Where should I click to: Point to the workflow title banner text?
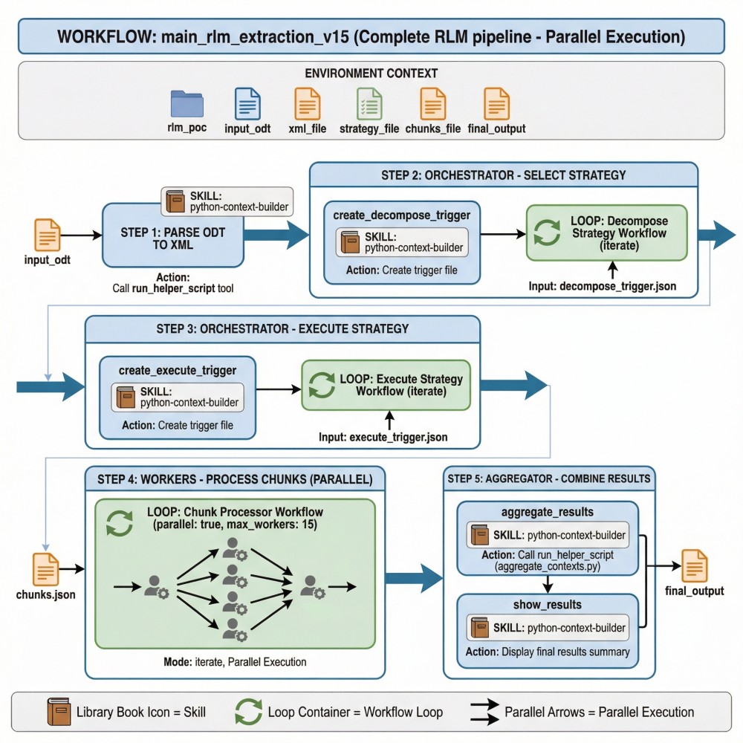[x=371, y=36]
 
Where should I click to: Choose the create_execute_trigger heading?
[x=178, y=370]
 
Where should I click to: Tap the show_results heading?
[x=547, y=606]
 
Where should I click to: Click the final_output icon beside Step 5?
[x=695, y=566]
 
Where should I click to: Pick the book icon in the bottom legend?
[x=59, y=712]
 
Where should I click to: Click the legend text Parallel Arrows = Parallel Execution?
[x=599, y=712]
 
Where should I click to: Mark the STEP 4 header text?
[x=234, y=478]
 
